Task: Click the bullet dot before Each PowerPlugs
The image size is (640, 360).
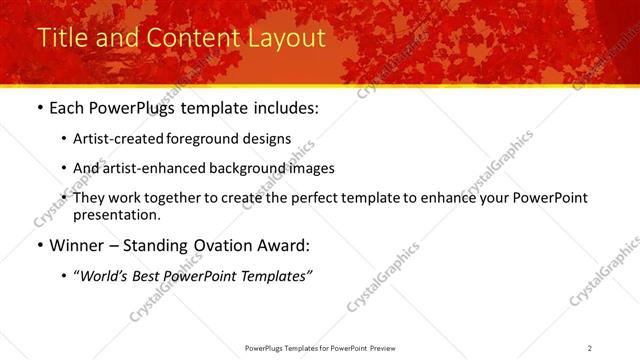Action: pos(39,107)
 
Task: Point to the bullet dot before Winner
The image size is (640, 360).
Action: pos(39,245)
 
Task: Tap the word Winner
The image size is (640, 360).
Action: pos(78,245)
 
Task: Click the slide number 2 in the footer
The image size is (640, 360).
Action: pos(590,347)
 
